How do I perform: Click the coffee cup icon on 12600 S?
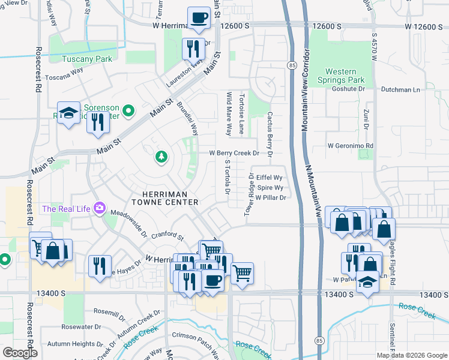pos(199,18)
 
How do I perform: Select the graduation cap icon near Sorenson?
pos(69,112)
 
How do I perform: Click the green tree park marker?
pos(161,157)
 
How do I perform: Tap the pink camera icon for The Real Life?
pos(99,209)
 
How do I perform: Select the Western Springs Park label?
pos(341,76)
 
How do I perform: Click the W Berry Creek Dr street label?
pos(234,154)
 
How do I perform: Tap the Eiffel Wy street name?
pos(269,178)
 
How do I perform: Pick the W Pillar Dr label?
pos(270,197)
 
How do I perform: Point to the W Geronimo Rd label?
pos(351,146)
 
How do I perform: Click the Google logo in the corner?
pos(20,353)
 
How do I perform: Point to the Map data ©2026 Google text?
pos(411,355)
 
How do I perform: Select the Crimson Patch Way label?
pos(197,335)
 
